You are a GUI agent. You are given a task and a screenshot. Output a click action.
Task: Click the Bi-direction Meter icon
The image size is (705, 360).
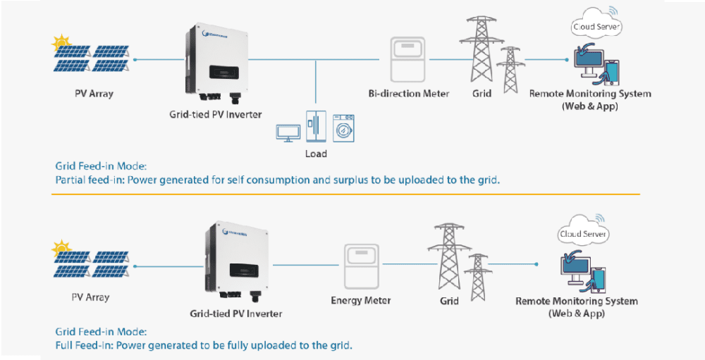tap(408, 59)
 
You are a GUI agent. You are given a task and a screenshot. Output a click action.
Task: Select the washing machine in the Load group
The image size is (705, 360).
tap(343, 128)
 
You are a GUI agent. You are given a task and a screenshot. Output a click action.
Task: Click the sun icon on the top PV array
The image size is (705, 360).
tap(59, 42)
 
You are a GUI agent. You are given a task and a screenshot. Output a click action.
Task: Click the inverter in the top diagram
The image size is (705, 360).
tap(216, 63)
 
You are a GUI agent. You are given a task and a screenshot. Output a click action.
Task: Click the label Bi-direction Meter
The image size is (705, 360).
tap(408, 94)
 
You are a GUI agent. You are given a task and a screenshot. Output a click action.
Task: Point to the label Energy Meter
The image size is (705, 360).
tap(360, 301)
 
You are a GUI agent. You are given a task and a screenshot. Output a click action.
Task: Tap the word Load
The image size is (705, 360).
tap(315, 154)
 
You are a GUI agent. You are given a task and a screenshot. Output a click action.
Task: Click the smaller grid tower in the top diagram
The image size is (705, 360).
tap(508, 70)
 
